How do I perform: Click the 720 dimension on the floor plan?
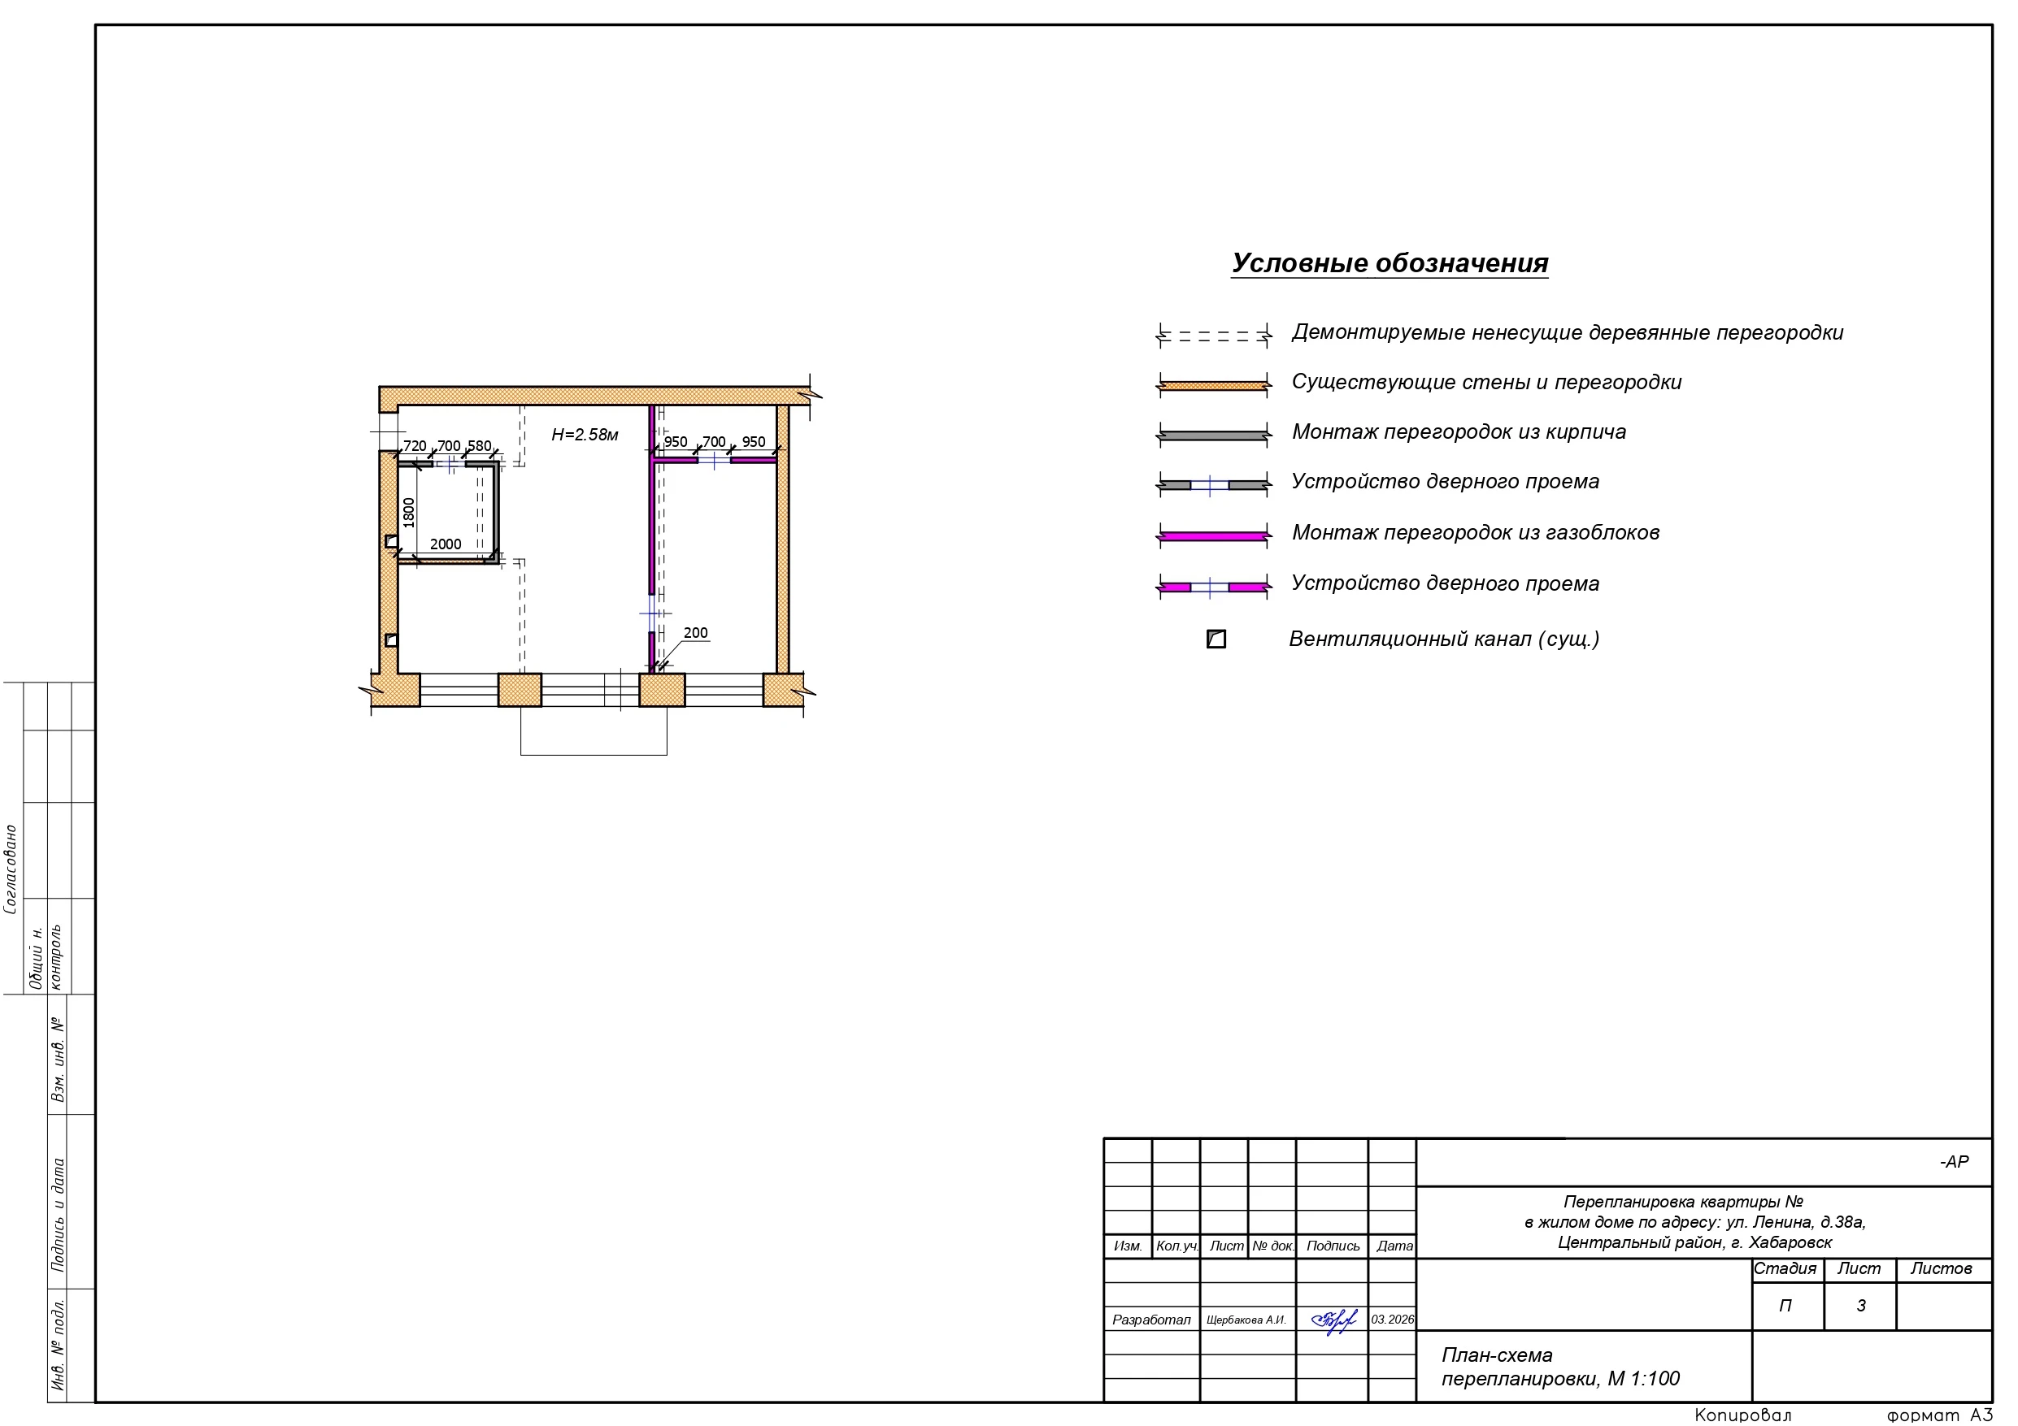point(415,445)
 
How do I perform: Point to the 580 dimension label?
point(479,445)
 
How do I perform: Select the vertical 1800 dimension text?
point(409,512)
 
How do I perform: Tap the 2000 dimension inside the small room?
point(446,544)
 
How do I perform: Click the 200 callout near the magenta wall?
point(695,633)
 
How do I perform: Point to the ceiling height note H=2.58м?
point(585,435)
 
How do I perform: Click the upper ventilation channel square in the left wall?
point(392,541)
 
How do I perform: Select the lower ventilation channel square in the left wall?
point(392,640)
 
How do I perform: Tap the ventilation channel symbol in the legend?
point(1216,639)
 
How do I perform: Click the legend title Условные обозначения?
point(1390,262)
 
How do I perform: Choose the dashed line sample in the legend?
point(1214,336)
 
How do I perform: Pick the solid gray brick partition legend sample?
point(1214,435)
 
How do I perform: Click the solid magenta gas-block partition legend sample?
point(1214,535)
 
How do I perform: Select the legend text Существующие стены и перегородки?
point(1486,382)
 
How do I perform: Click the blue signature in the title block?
point(1333,1320)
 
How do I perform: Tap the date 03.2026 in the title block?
point(1393,1320)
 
